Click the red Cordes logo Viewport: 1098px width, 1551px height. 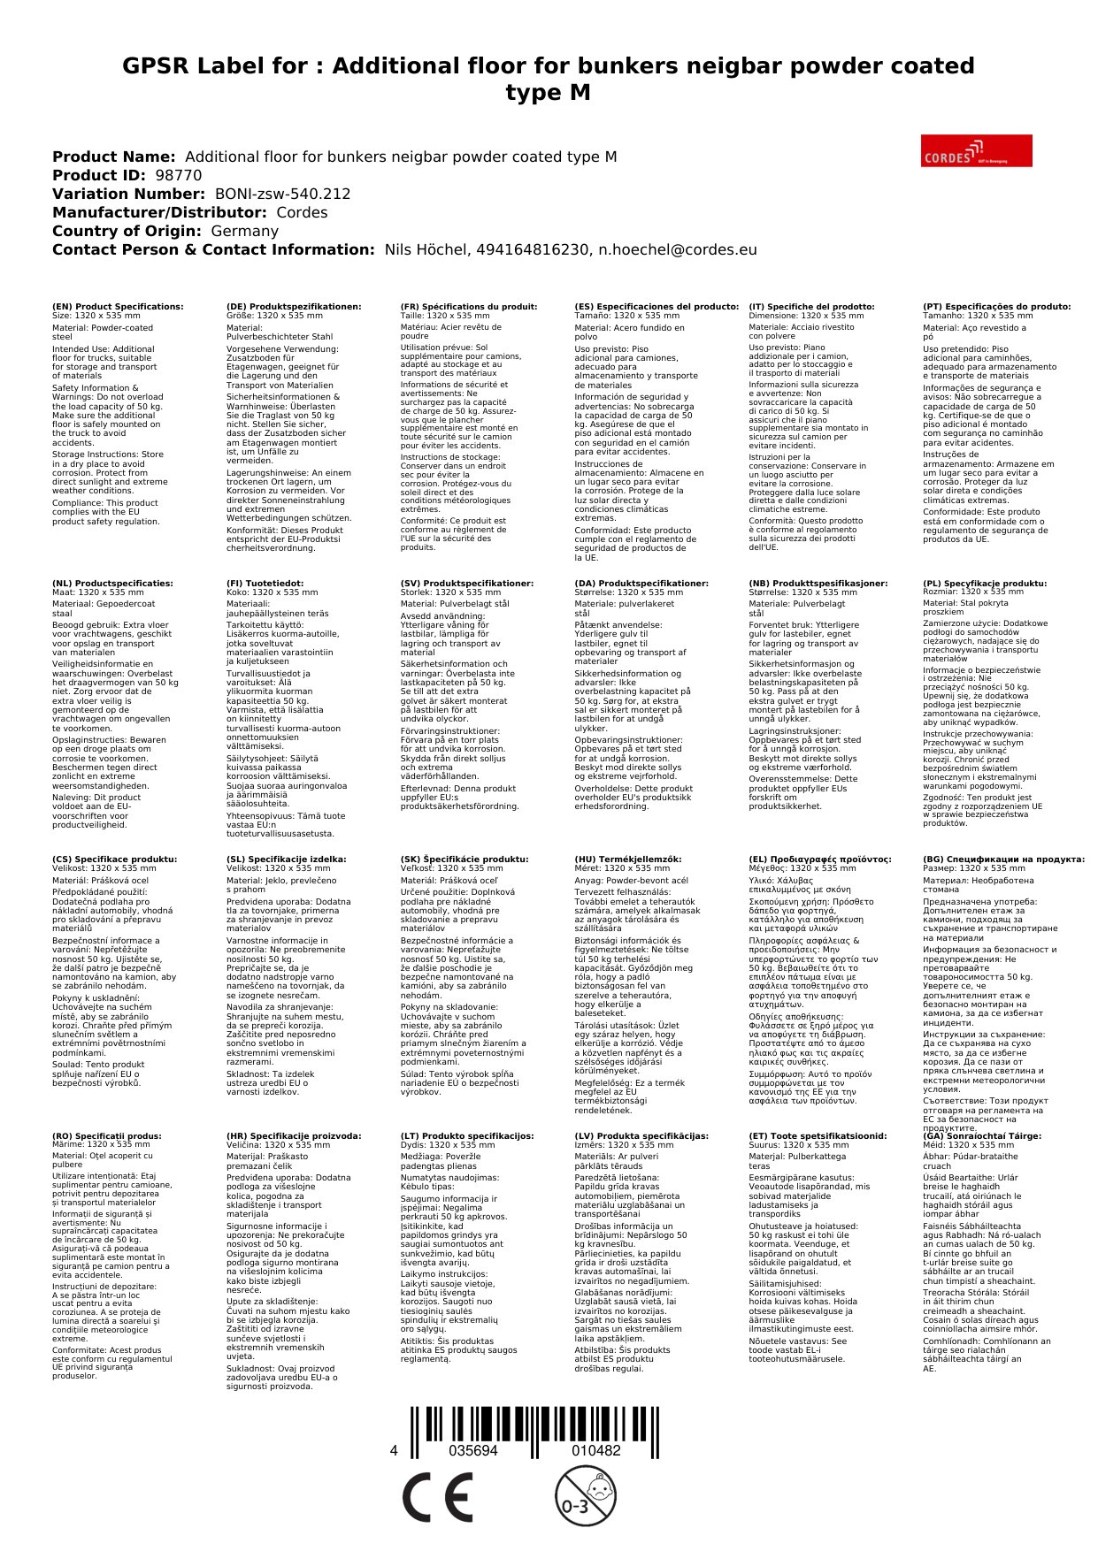pyautogui.click(x=976, y=150)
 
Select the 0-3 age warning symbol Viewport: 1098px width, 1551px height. pyautogui.click(x=585, y=1496)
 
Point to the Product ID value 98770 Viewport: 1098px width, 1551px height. pyautogui.click(x=178, y=175)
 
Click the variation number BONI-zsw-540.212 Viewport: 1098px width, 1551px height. pyautogui.click(x=282, y=194)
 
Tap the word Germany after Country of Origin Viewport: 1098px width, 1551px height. pyautogui.click(x=244, y=231)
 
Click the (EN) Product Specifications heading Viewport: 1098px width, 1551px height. pyautogui.click(x=118, y=307)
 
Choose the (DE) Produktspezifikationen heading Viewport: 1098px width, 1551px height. pyautogui.click(x=294, y=307)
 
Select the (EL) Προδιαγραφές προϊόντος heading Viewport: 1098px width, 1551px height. pyautogui.click(x=820, y=860)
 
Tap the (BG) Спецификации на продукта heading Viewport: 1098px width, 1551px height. pyautogui.click(x=1003, y=860)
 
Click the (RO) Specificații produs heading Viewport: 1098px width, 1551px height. pyautogui.click(x=107, y=1136)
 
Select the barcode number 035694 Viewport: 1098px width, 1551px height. pyautogui.click(x=473, y=1451)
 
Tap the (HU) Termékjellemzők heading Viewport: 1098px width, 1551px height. pyautogui.click(x=628, y=860)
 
